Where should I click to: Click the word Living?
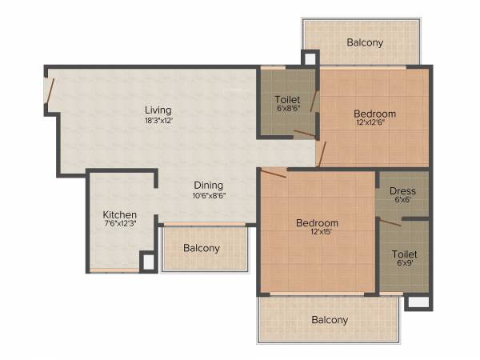[x=158, y=110]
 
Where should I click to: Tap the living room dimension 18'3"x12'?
[x=158, y=120]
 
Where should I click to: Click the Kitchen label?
[x=119, y=215]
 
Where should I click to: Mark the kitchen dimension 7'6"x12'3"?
[x=119, y=226]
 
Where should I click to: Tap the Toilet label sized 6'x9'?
[x=404, y=254]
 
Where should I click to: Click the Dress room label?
[x=402, y=191]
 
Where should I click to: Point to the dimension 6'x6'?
[x=402, y=201]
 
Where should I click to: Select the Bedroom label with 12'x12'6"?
[x=375, y=114]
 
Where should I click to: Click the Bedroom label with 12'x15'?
[x=316, y=222]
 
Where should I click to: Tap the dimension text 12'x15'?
[x=316, y=233]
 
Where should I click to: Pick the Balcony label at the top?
[x=365, y=42]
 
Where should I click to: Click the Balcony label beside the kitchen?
[x=202, y=248]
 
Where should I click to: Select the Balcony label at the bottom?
[x=330, y=320]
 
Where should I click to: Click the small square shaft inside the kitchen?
[x=147, y=262]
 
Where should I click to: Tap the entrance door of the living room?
[x=50, y=90]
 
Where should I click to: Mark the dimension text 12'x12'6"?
[x=375, y=124]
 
